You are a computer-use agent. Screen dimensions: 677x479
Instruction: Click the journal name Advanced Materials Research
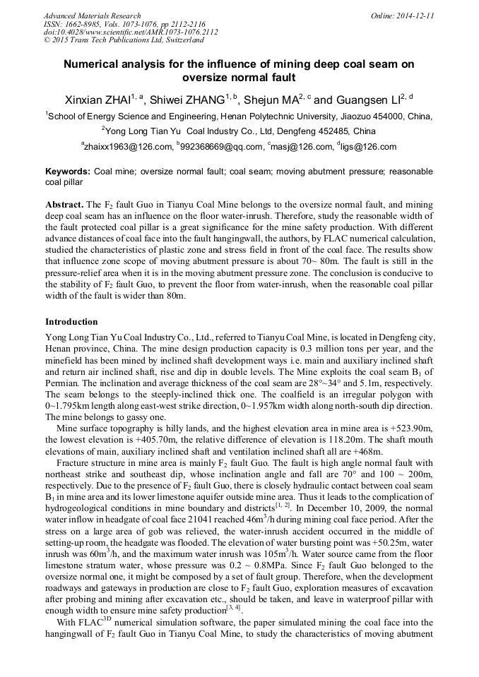pos(92,16)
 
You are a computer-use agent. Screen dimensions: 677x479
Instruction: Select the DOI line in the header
pos(131,32)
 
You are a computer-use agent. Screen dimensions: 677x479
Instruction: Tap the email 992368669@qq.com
pos(221,147)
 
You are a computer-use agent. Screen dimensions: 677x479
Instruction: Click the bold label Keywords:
pos(68,172)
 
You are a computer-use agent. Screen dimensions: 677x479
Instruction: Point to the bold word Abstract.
pos(64,203)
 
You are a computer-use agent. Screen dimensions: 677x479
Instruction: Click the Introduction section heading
pos(71,321)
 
